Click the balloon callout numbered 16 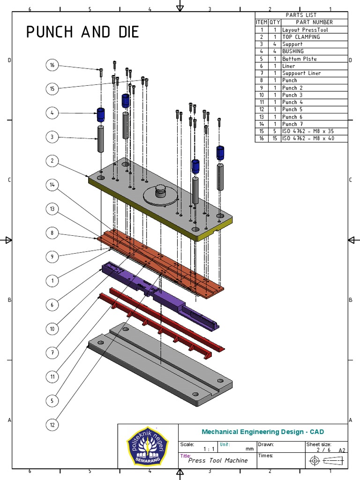[x=52, y=65]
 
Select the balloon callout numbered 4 [x=52, y=113]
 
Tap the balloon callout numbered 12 [x=52, y=425]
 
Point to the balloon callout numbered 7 [x=52, y=352]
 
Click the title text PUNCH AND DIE [x=82, y=32]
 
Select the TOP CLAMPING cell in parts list [x=301, y=37]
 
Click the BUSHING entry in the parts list [x=293, y=51]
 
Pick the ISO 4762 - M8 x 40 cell [x=308, y=138]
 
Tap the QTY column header [x=274, y=22]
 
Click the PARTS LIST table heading [x=301, y=15]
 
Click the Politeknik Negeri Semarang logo [x=148, y=447]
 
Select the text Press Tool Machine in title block [x=217, y=460]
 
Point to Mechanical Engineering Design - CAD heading [x=262, y=432]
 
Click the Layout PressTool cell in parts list [x=305, y=30]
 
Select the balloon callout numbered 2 [x=52, y=161]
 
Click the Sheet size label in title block [x=319, y=444]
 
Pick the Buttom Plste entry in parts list [x=299, y=59]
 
